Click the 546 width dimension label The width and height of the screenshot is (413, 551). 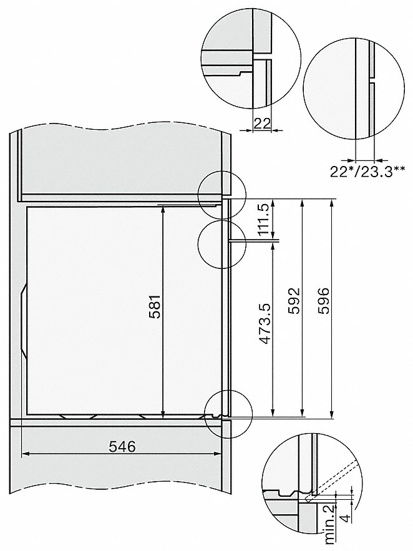[x=122, y=446]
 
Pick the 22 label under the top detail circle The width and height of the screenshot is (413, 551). [x=261, y=124]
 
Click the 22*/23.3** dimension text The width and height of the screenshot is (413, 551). [x=367, y=172]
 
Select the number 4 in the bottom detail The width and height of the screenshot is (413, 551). [x=346, y=519]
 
